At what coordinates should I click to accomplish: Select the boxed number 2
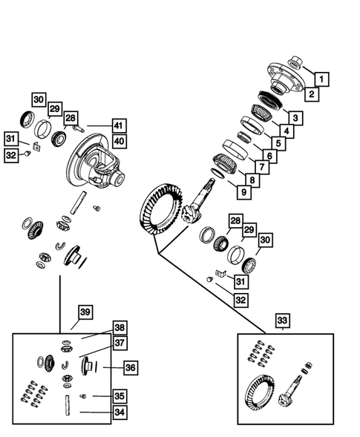pyautogui.click(x=312, y=94)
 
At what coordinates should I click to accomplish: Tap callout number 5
pyautogui.click(x=278, y=142)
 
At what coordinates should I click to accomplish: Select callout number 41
pyautogui.click(x=118, y=125)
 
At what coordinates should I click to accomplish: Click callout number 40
pyautogui.click(x=118, y=140)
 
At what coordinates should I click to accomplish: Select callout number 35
pyautogui.click(x=119, y=395)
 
